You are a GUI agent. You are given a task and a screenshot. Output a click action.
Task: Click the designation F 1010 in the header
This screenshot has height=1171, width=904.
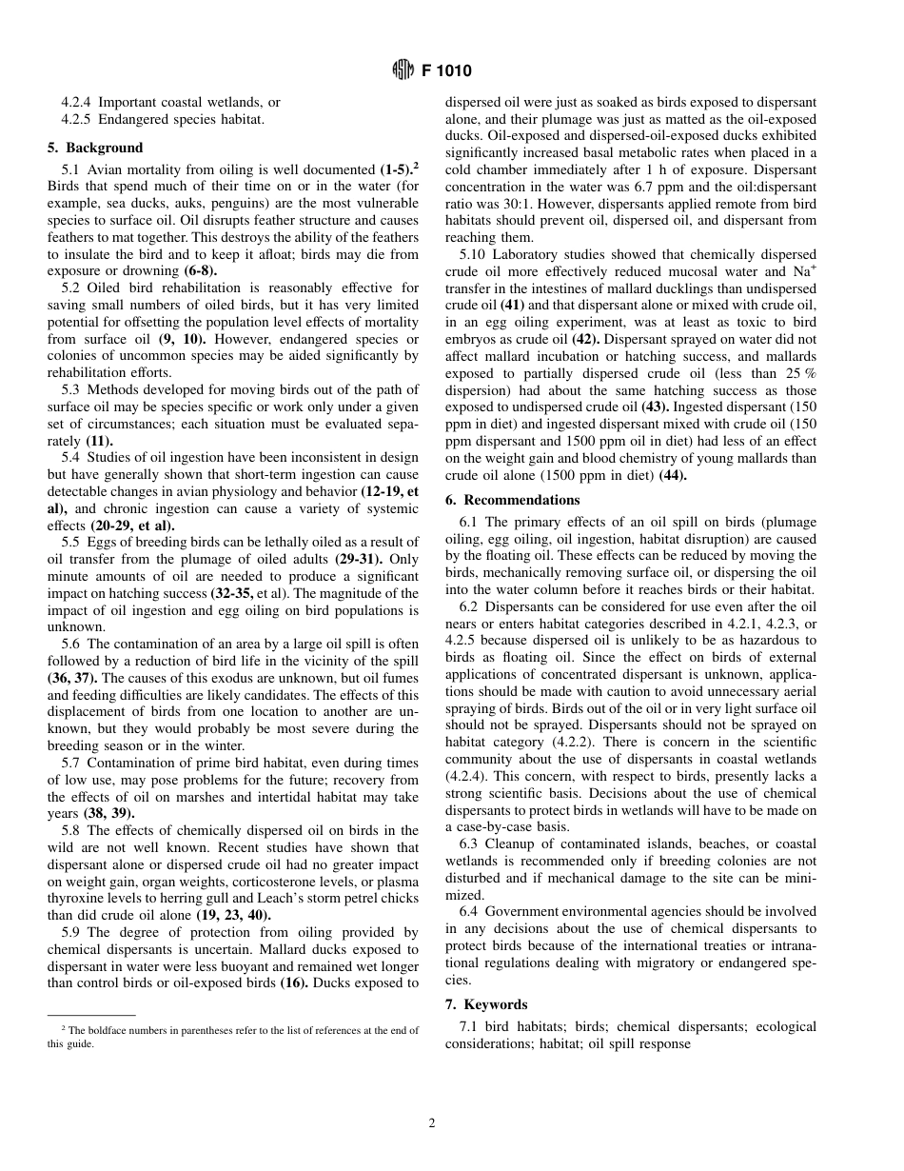446,70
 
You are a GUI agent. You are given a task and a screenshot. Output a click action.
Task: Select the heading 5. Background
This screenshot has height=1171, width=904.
95,148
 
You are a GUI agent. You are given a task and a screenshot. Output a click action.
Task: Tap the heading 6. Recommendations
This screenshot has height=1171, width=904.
512,500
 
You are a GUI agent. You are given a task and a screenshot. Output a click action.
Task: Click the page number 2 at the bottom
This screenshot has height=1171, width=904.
431,1123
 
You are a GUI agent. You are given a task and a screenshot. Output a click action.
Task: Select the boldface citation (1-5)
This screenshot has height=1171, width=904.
398,169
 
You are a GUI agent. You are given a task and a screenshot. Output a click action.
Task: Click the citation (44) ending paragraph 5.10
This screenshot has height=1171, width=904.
671,475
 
